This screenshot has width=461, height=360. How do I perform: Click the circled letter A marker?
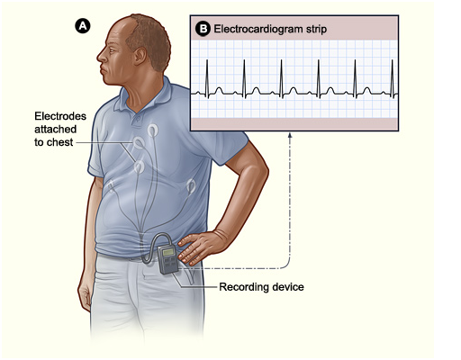pos(83,26)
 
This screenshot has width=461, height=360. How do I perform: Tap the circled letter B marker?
pos(203,29)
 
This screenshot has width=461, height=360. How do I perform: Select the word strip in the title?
pos(316,30)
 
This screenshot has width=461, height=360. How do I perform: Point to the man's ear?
pos(140,56)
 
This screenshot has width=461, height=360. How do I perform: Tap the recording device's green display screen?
pos(168,252)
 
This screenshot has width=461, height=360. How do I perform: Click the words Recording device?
pos(261,287)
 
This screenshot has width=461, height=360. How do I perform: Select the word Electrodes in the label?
pos(60,116)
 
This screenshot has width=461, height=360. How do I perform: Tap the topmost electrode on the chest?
pos(152,130)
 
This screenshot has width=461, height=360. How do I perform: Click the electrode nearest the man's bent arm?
pos(191,186)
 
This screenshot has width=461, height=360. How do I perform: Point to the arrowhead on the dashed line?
pos(290,136)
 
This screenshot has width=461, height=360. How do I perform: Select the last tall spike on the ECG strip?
pos(392,78)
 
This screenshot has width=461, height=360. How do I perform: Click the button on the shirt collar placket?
pos(137,119)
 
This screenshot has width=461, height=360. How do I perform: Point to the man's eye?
pos(112,50)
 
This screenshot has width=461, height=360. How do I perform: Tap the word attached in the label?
pos(56,130)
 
